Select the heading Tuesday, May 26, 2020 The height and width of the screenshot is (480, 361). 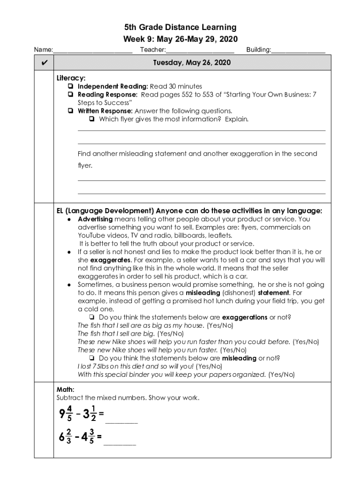(192, 63)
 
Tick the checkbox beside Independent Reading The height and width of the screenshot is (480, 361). (69, 86)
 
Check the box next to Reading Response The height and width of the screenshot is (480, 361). (69, 95)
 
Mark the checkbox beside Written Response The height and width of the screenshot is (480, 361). (69, 111)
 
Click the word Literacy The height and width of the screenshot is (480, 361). (71, 78)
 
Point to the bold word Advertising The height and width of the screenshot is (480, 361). (95, 219)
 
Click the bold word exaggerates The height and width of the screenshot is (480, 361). (111, 260)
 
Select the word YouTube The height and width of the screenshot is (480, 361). (92, 235)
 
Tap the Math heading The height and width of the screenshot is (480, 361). (66, 390)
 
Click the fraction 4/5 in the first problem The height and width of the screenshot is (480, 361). (69, 413)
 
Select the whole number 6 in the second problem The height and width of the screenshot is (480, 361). (61, 437)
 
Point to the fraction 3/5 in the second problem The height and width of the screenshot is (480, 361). (91, 437)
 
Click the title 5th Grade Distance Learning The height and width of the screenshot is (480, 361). (180, 28)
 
